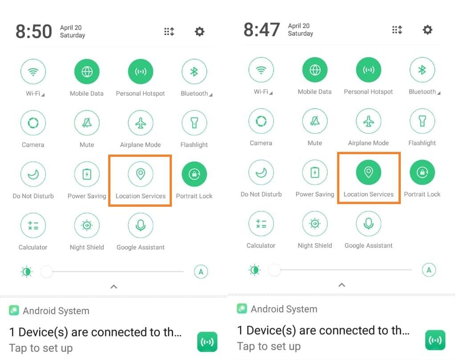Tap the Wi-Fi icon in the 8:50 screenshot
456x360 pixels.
pyautogui.click(x=33, y=72)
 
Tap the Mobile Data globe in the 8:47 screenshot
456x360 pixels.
pyautogui.click(x=315, y=70)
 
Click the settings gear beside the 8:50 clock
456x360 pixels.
pyautogui.click(x=199, y=32)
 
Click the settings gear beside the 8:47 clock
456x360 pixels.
pyautogui.click(x=427, y=30)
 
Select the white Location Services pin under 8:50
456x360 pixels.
pyautogui.click(x=140, y=174)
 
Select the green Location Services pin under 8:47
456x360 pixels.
pyautogui.click(x=368, y=172)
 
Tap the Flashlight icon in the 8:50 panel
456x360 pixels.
pyautogui.click(x=194, y=123)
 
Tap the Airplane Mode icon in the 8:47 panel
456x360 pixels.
pyautogui.click(x=368, y=121)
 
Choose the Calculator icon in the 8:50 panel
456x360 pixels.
pyautogui.click(x=33, y=225)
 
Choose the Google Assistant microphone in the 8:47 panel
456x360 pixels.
pyautogui.click(x=368, y=224)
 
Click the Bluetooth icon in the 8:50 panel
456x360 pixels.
pyautogui.click(x=194, y=72)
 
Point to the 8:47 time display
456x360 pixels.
pyautogui.click(x=262, y=30)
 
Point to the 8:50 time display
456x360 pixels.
pyautogui.click(x=34, y=32)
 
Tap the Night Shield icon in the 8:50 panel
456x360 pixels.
pyautogui.click(x=87, y=225)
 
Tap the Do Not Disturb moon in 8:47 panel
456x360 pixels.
pyautogui.click(x=261, y=172)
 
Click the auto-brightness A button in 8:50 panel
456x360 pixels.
pyautogui.click(x=201, y=271)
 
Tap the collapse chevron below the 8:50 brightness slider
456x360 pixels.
pyautogui.click(x=114, y=286)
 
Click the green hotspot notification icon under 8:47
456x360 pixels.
pyautogui.click(x=435, y=340)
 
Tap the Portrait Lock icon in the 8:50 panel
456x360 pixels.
pyautogui.click(x=194, y=174)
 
